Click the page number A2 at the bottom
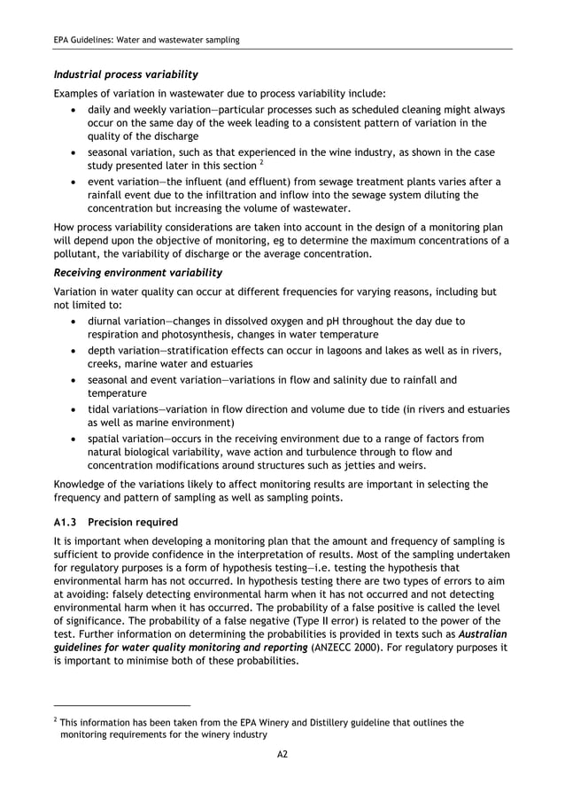pos(282,754)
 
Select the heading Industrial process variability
pos(126,73)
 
